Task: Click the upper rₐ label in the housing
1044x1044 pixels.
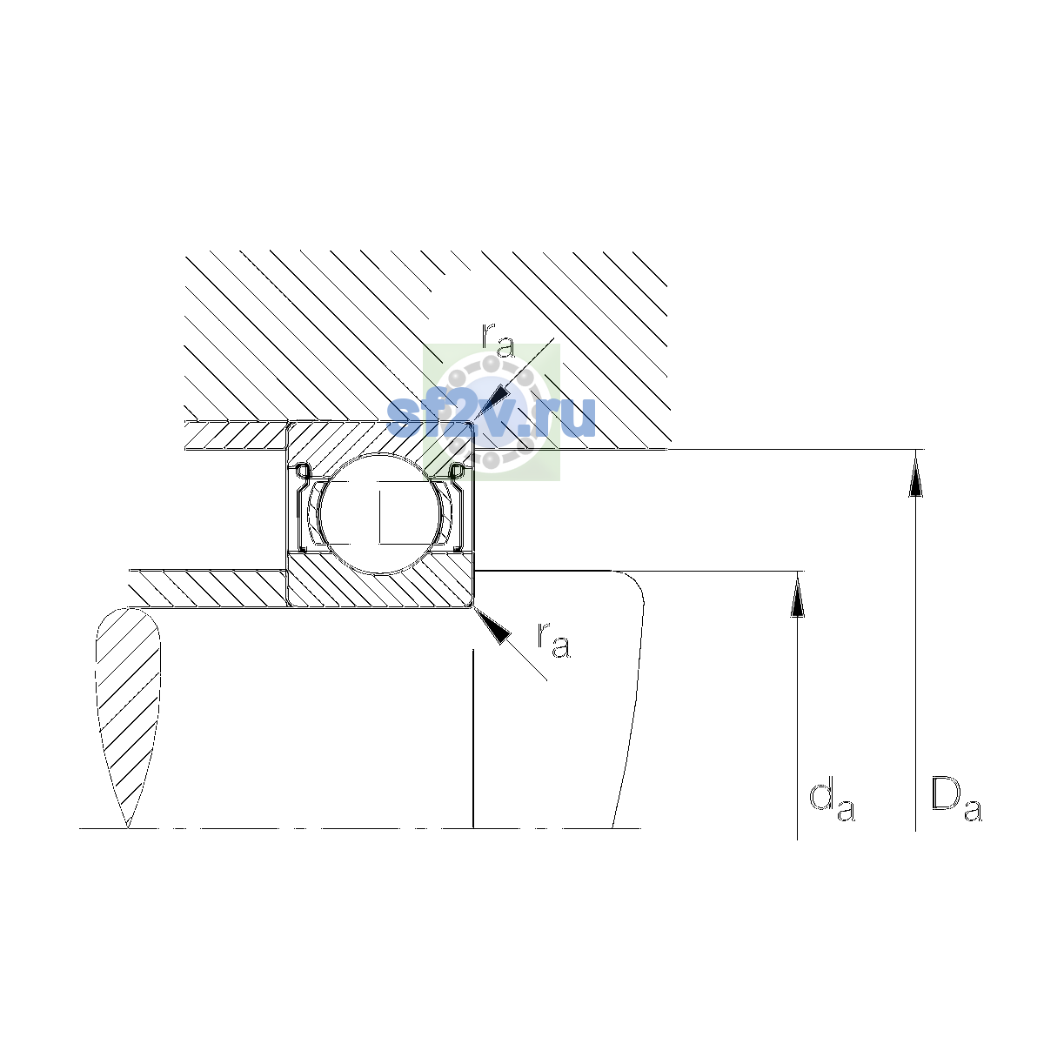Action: click(498, 341)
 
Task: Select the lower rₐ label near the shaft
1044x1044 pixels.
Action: click(553, 640)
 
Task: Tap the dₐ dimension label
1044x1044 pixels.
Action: click(832, 802)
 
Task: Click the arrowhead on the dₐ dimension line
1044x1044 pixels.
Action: click(797, 594)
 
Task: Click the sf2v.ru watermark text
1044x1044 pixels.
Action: click(492, 418)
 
